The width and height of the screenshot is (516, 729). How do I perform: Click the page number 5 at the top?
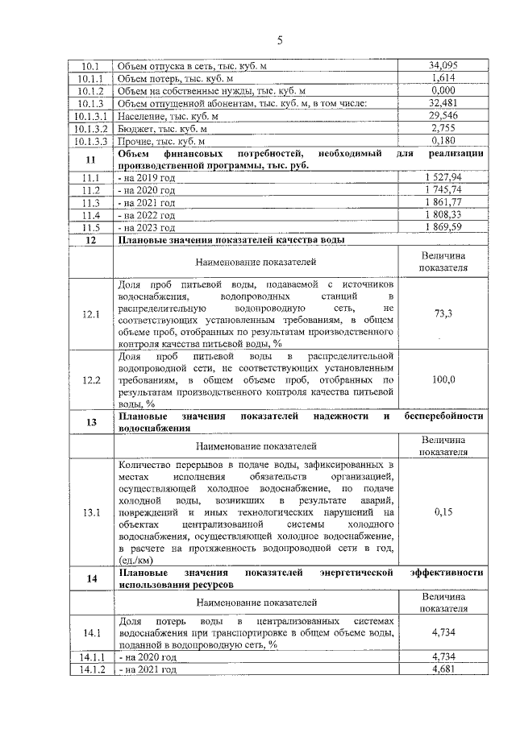(280, 40)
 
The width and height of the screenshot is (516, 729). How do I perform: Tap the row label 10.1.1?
(91, 78)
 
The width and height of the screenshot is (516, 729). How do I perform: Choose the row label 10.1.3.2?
(91, 128)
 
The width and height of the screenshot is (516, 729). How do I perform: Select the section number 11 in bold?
(91, 159)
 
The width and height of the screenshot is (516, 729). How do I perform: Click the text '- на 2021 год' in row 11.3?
(147, 203)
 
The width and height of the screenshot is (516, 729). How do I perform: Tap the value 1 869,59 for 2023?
(443, 228)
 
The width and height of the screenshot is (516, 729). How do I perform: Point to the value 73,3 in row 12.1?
(443, 313)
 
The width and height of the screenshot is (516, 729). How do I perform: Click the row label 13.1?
(91, 512)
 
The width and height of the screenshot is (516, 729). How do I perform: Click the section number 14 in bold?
(91, 578)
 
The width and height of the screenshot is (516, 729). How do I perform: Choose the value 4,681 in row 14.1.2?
(443, 669)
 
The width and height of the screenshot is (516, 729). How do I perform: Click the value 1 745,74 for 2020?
(443, 190)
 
